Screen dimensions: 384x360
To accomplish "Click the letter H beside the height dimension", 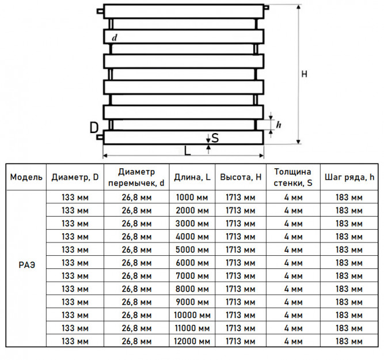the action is (304, 74).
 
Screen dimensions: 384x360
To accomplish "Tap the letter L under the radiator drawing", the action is (187, 151).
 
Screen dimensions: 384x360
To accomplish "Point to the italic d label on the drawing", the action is (115, 37).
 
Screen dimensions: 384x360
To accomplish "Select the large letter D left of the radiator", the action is (94, 127).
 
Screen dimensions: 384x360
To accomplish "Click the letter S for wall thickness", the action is (215, 138).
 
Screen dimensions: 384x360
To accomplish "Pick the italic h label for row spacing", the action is (279, 124).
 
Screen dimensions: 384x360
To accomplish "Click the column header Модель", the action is (26, 177).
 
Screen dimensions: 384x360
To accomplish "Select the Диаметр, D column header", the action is (75, 177).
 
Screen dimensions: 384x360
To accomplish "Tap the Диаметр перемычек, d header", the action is (136, 177).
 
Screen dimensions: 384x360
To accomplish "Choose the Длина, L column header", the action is (192, 177).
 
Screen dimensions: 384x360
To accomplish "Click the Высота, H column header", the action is (241, 177).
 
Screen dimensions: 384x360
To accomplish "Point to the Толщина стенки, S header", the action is (293, 177).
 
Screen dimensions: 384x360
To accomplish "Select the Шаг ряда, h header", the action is (349, 177).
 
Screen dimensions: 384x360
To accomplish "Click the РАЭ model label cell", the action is (27, 265).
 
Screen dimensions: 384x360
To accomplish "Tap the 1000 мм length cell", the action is (192, 197).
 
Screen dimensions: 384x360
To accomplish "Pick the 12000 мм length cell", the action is (192, 341).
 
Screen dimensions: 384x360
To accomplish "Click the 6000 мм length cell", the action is (192, 263).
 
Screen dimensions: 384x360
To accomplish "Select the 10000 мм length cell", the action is (192, 315).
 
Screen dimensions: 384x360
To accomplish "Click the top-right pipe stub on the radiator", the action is (267, 7).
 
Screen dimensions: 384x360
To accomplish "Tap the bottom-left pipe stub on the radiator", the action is (100, 137).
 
